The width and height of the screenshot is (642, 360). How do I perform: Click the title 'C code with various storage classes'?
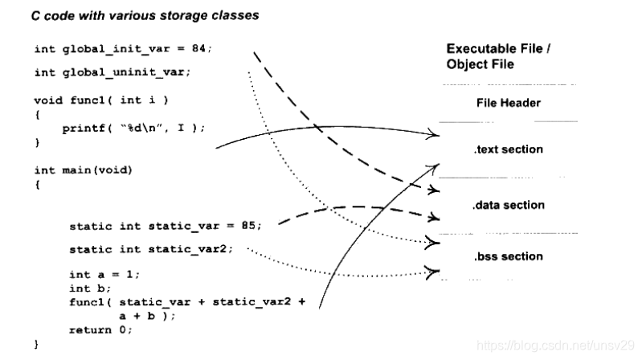[x=145, y=15]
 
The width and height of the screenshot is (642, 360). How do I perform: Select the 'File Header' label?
[x=508, y=103]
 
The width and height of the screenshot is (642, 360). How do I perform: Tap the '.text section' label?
[x=508, y=149]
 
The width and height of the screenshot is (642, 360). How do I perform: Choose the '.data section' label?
[x=508, y=205]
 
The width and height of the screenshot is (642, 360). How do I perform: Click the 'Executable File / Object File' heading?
[x=498, y=55]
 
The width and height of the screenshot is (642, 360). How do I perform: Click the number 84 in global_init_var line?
[x=198, y=48]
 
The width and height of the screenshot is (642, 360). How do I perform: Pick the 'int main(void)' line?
[x=83, y=170]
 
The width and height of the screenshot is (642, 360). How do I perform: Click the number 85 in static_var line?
[x=248, y=226]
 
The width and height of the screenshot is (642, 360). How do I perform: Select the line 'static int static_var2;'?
[x=151, y=249]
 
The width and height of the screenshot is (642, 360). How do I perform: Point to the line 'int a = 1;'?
[x=104, y=274]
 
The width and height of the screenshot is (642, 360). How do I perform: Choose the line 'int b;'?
[x=89, y=288]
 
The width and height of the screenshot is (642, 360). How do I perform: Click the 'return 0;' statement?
[x=101, y=329]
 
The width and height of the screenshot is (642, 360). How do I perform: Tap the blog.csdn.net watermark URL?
[x=554, y=345]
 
